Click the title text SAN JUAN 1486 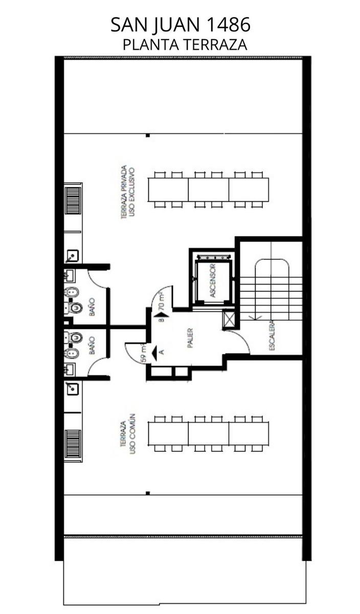coord(181,25)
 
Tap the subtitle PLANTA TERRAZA coord(185,45)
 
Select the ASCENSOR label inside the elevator coord(213,280)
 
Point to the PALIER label coord(190,338)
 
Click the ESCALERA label coord(272,336)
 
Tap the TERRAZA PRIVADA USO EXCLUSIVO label coord(128,192)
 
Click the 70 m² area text coord(162,300)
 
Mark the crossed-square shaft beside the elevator coord(229,319)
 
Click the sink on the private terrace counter coord(72,256)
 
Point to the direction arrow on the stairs coord(255,317)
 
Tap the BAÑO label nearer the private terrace coord(93,307)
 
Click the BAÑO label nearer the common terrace coord(93,346)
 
